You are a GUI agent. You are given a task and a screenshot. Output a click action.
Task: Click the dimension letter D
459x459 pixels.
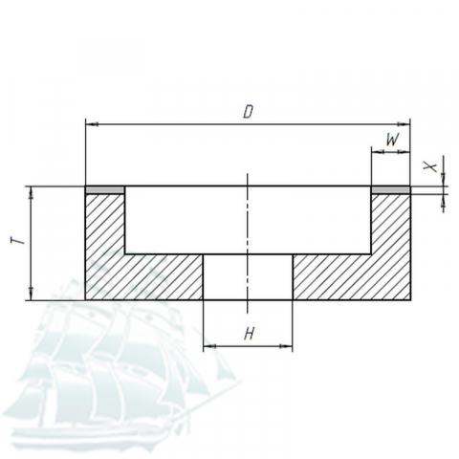pyautogui.click(x=248, y=112)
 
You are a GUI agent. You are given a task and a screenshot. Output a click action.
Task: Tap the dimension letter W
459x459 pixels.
pyautogui.click(x=392, y=140)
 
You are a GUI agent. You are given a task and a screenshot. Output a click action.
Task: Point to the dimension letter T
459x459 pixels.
pyautogui.click(x=18, y=240)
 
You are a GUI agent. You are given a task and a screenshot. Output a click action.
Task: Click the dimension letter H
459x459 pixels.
pyautogui.click(x=249, y=335)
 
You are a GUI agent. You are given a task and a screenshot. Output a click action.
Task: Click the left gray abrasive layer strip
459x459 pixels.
pyautogui.click(x=105, y=190)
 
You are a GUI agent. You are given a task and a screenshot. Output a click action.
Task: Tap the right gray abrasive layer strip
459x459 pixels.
pyautogui.click(x=391, y=190)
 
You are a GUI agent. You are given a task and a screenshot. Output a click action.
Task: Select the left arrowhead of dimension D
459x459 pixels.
pyautogui.click(x=92, y=124)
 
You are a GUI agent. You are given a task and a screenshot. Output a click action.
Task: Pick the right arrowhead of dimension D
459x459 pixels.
pyautogui.click(x=404, y=124)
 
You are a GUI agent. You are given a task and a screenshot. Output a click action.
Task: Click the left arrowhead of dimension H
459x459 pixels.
pyautogui.click(x=209, y=346)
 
